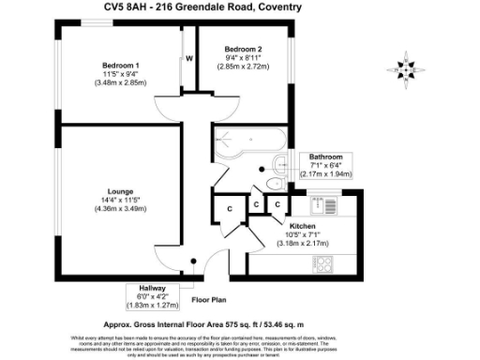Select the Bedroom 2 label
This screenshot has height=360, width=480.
pyautogui.click(x=243, y=49)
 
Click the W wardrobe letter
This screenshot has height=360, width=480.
pyautogui.click(x=188, y=59)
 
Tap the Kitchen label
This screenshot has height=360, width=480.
pyautogui.click(x=303, y=226)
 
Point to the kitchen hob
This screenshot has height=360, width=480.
pyautogui.click(x=324, y=262)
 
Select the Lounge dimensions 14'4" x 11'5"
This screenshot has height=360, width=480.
pyautogui.click(x=121, y=199)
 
